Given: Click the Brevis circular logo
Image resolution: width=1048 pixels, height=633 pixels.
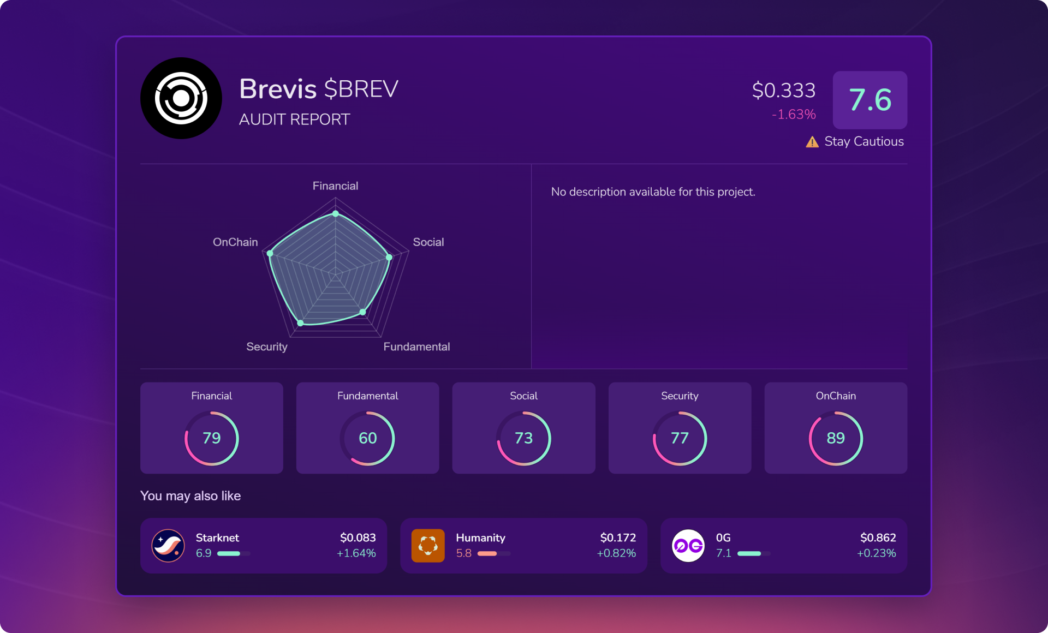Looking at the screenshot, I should pos(181,98).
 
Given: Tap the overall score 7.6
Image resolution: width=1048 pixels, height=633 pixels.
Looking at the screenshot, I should pos(870,100).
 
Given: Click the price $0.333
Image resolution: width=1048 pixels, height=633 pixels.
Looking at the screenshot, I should pos(783,91).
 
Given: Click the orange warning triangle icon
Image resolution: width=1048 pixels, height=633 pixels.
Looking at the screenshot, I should pos(812,142).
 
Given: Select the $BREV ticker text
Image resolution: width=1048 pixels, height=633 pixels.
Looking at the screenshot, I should pos(361,89).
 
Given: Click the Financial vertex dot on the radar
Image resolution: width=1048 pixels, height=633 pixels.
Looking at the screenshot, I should pos(336,213).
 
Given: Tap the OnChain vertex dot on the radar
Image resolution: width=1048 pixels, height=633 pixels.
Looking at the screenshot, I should pos(270,253).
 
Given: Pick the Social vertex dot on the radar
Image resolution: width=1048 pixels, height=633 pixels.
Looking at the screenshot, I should pos(389,257).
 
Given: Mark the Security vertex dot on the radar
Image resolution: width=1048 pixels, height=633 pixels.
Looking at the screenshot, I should pos(300,323).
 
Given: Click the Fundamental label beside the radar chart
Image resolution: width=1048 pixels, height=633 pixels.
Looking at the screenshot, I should pos(416,347).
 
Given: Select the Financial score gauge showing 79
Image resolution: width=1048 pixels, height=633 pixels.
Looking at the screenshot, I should pos(212,438).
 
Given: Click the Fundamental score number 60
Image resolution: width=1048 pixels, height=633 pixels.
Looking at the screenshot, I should pos(368,438).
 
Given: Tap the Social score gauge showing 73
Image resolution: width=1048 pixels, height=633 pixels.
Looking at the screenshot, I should pos(524,438).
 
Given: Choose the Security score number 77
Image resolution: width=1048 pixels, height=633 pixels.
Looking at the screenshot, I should pos(680,438).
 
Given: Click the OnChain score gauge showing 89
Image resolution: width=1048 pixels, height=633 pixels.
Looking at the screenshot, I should pos(836,438).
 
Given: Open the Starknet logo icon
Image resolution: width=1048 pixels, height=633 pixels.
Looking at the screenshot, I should pos(168,546).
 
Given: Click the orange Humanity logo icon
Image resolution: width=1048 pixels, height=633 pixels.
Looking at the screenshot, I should pos(428,546).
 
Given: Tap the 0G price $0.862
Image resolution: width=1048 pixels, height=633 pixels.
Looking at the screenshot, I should pos(878,538).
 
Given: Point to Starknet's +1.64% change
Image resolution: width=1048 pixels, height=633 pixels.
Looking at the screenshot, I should pos(356,553).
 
